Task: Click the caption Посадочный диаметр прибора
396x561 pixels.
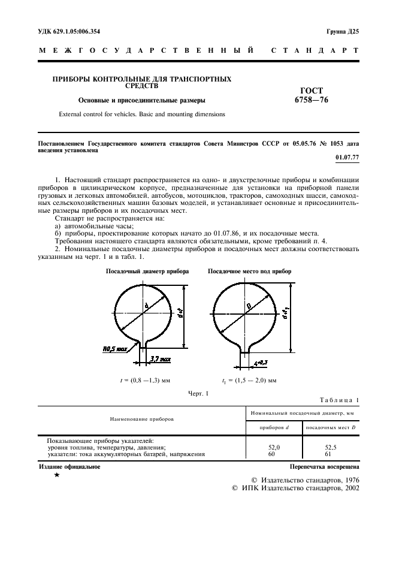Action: pyautogui.click(x=147, y=272)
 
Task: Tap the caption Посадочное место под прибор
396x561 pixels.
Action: pyautogui.click(x=250, y=272)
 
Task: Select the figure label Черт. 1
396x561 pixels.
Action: pyautogui.click(x=198, y=393)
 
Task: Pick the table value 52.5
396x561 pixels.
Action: pyautogui.click(x=332, y=447)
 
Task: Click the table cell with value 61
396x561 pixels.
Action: pyautogui.click(x=332, y=454)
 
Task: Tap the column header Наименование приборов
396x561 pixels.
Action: pyautogui.click(x=141, y=420)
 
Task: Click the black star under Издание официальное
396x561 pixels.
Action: pyautogui.click(x=56, y=475)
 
